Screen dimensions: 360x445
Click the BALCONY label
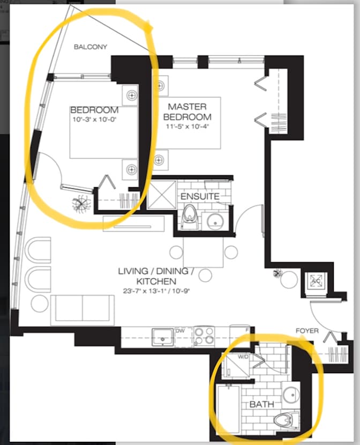coord(91,47)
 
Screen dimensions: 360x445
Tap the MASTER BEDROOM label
coord(187,112)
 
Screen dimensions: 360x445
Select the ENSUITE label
coord(200,196)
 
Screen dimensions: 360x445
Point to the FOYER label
coord(307,331)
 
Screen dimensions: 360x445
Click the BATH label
coord(261,404)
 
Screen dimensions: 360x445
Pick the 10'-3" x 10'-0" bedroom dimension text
coord(95,119)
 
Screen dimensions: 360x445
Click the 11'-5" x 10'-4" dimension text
coord(187,127)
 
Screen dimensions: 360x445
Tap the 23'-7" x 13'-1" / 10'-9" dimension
coord(156,291)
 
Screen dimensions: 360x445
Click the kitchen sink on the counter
coord(163,337)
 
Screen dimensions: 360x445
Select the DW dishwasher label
coord(180,331)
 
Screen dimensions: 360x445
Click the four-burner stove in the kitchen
coord(204,336)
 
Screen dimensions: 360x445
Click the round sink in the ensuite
coord(215,221)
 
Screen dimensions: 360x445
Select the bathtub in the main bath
coord(228,409)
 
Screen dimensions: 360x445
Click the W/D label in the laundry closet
coord(243,357)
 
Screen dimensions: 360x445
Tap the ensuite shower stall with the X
coord(162,195)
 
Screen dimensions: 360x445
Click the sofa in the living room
coord(82,310)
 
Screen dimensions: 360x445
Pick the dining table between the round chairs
coord(203,252)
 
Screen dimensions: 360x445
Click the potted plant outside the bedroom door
coord(81,203)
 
